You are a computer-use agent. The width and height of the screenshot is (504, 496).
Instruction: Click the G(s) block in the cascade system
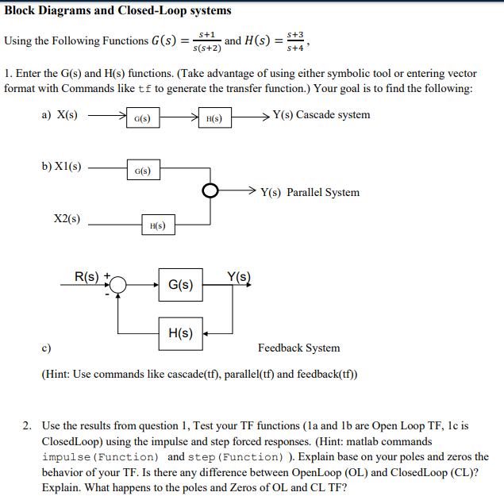click(144, 118)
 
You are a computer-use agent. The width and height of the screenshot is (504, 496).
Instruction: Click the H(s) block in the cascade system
click(214, 118)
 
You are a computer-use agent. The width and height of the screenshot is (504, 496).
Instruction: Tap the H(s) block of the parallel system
click(158, 225)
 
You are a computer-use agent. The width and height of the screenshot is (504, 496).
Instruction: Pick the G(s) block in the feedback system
click(181, 283)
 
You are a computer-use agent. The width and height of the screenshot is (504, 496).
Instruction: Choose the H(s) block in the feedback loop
click(181, 333)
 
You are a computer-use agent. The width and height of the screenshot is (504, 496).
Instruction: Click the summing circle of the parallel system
click(210, 191)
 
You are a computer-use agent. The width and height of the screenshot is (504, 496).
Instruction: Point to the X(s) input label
click(65, 115)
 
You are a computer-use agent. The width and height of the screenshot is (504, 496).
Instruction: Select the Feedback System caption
click(298, 348)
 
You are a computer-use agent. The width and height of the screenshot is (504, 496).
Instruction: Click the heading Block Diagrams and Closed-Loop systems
click(118, 10)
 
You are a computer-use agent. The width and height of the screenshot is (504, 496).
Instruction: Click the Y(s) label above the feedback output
click(237, 276)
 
